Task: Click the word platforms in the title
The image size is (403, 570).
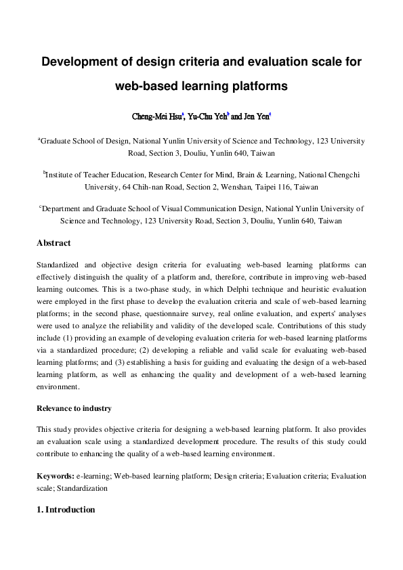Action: tap(255, 87)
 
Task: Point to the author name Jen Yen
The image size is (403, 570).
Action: tap(256, 116)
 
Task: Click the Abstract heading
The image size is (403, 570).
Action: tap(54, 243)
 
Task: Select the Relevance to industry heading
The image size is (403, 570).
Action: tap(74, 409)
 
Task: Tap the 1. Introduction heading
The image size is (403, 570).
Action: tap(66, 509)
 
